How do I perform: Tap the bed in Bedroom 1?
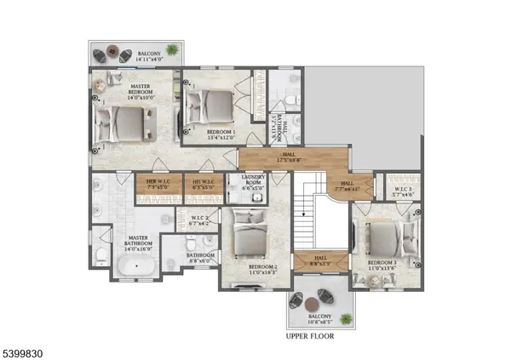click(x=215, y=108)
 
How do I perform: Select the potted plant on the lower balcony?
click(x=346, y=318)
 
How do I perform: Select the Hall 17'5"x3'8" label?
click(x=295, y=157)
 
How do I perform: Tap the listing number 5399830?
click(x=26, y=349)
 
